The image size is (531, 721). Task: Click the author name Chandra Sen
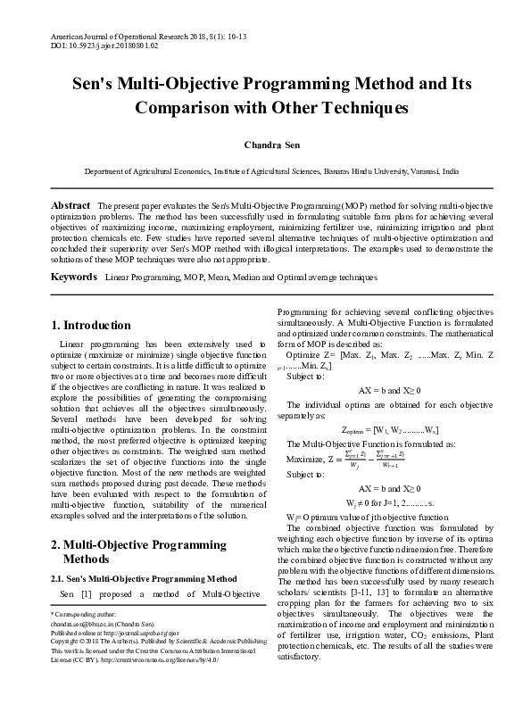(265, 143)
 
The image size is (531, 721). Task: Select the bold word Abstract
(70, 205)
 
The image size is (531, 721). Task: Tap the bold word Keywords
(73, 278)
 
